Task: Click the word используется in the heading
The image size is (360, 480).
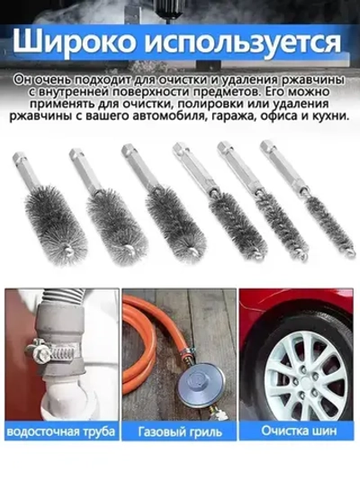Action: [246, 42]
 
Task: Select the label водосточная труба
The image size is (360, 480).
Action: [60, 432]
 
